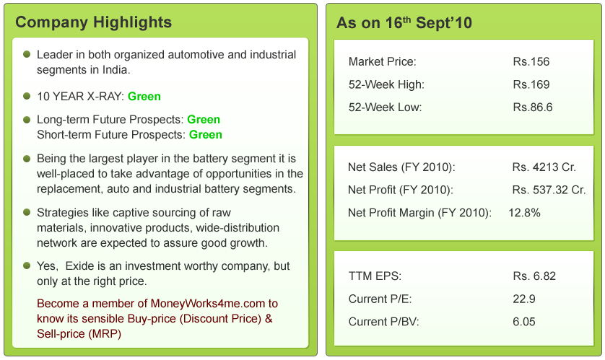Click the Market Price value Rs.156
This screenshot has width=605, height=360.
click(x=531, y=61)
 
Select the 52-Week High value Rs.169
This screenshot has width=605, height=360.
click(x=531, y=84)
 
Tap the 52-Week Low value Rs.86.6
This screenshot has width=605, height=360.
click(x=533, y=107)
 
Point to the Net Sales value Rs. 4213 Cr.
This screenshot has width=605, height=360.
click(x=544, y=167)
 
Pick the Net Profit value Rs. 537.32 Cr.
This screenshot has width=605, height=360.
click(x=549, y=190)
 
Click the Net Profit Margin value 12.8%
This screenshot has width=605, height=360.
click(x=524, y=213)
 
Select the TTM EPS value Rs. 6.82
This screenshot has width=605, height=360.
click(x=534, y=276)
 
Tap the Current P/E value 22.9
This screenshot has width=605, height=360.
click(x=524, y=299)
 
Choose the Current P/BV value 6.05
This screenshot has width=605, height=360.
click(x=524, y=322)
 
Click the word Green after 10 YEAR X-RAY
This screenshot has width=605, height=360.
click(x=144, y=97)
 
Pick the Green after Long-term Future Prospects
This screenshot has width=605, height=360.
click(x=204, y=120)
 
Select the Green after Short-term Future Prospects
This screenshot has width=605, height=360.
click(x=206, y=134)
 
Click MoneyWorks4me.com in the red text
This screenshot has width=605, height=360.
click(x=208, y=304)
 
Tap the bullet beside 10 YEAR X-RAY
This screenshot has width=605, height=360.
click(x=27, y=96)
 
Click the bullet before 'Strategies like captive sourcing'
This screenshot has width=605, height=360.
click(x=27, y=212)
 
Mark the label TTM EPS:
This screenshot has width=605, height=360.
click(x=375, y=276)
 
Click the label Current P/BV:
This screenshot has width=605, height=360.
click(x=383, y=322)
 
